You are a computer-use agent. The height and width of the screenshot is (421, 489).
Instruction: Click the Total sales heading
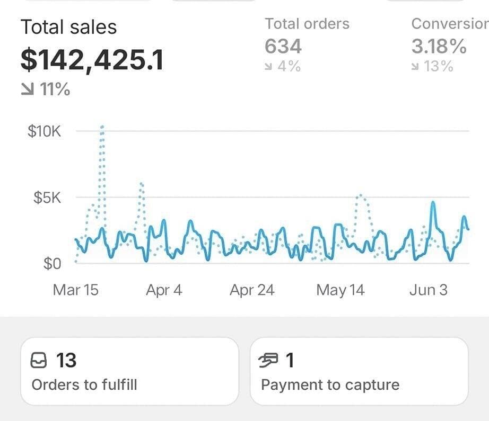coord(68,27)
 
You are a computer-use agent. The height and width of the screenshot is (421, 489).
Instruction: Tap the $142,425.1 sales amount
coord(92,60)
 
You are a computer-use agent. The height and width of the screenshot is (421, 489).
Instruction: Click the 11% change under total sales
coord(46,89)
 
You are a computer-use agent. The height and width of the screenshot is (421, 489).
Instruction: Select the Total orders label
coord(307,24)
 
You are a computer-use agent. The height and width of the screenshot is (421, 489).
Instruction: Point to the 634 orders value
coord(283,47)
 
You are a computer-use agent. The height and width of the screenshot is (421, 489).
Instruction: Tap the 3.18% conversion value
coord(439,47)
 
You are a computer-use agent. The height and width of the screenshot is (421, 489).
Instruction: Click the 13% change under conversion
coord(432,67)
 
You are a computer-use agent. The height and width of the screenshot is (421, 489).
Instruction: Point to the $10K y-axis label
coord(45,131)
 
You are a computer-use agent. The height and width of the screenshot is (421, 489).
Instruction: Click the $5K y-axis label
coord(47,198)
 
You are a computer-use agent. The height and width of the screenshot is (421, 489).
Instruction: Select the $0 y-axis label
coord(52,263)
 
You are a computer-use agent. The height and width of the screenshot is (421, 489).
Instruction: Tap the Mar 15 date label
coord(75,290)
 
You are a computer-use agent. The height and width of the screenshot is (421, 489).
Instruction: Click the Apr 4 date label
coord(164,290)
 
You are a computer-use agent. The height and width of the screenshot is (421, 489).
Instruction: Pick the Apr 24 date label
coord(252,290)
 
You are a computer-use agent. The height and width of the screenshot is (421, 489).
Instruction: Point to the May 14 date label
coord(340,290)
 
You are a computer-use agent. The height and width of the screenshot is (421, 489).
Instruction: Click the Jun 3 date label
coord(428,290)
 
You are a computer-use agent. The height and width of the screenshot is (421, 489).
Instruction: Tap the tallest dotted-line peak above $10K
coord(102,127)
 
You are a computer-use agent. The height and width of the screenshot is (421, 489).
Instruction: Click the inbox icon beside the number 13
coord(40,361)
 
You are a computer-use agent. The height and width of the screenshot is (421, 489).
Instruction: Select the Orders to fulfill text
coord(84,384)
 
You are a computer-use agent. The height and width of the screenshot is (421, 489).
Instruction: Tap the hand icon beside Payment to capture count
coord(269,361)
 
